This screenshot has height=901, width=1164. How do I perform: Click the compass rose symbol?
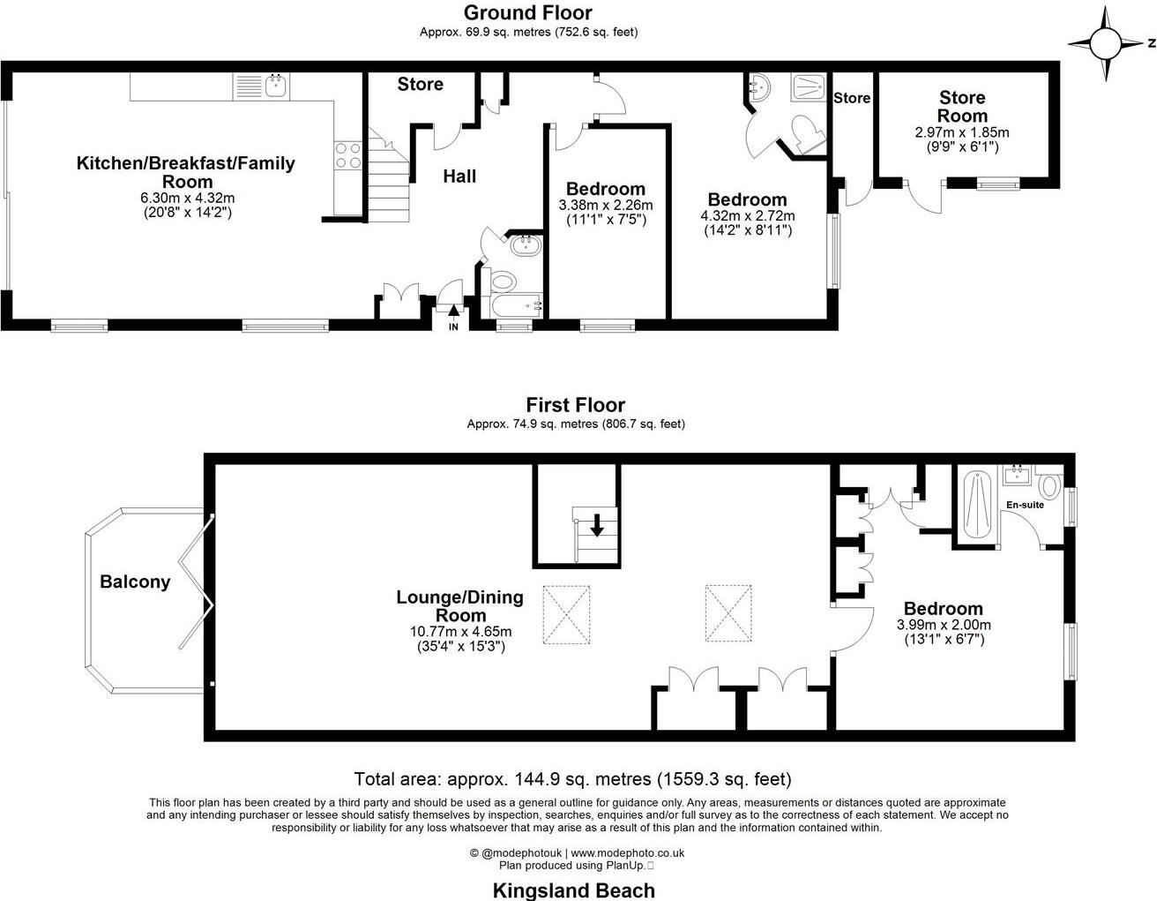click(1105, 43)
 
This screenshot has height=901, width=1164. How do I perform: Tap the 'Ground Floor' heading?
click(527, 12)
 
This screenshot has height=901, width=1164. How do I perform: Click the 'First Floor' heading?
click(575, 405)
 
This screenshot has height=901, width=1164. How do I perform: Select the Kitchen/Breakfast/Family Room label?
click(185, 172)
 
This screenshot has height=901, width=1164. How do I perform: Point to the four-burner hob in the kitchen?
click(347, 155)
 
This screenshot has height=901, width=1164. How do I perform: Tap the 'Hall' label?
click(459, 176)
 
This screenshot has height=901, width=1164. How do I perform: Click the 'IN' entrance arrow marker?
click(453, 315)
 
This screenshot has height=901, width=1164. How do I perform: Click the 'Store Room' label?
click(962, 107)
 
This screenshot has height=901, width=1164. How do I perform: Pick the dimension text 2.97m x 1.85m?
click(961, 133)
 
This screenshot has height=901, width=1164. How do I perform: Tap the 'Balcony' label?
click(135, 582)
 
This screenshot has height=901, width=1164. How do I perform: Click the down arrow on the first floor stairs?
click(597, 526)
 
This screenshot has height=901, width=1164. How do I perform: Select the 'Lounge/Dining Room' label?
click(459, 606)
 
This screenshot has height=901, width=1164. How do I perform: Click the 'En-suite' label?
click(1025, 505)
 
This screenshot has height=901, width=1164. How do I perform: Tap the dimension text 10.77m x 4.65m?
click(460, 632)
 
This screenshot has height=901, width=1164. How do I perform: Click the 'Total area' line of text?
click(572, 779)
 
